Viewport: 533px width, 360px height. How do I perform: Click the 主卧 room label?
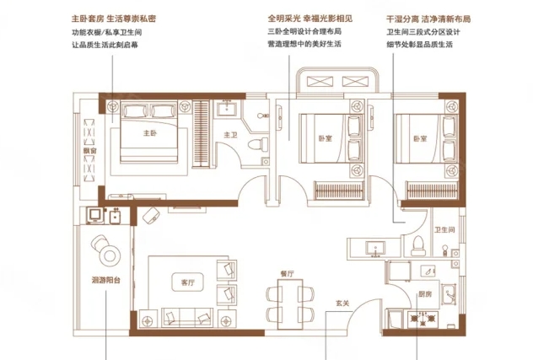pyautogui.click(x=149, y=133)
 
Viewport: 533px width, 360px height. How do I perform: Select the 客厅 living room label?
pyautogui.click(x=176, y=281)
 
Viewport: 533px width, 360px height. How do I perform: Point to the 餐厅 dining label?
pyautogui.click(x=287, y=274)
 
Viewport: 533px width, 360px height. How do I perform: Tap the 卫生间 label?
pyautogui.click(x=444, y=229)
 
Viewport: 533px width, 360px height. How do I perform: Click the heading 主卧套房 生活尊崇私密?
pyautogui.click(x=114, y=18)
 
